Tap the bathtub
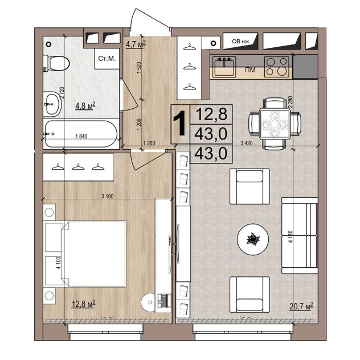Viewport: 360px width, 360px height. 81,134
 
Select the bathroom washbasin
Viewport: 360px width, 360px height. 52,104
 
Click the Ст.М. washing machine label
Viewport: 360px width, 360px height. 107,59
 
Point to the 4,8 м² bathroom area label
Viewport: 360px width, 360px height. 85,106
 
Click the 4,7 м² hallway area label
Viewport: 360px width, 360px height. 136,44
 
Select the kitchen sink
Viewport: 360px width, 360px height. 224,67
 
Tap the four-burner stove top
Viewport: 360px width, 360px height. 279,67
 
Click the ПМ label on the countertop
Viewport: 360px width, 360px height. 250,69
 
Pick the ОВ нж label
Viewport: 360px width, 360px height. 240,42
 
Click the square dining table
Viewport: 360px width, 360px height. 275,124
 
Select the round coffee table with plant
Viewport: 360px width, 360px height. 252,239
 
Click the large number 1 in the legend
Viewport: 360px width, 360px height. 179,123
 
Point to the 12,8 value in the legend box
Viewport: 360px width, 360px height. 211,114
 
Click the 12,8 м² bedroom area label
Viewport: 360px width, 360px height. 84,304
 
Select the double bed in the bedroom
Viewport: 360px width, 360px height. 93,253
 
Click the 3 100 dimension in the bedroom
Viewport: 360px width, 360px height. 108,197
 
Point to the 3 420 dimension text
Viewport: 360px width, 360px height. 246,144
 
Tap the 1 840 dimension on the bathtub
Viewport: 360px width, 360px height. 81,136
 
